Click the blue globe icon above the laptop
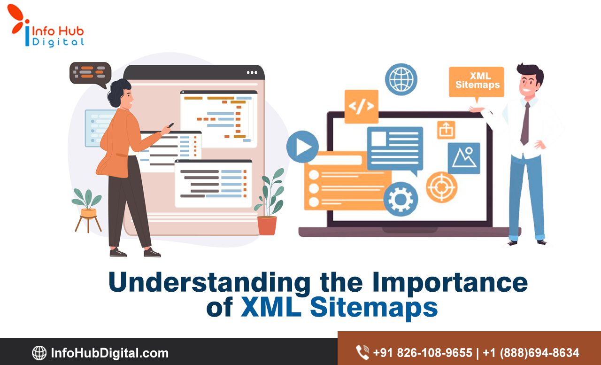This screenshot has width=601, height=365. (401, 79)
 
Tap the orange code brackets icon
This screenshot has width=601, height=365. (361, 107)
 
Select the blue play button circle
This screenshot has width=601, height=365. (302, 147)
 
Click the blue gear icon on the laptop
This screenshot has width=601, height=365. (401, 199)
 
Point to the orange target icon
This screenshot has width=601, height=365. (441, 187)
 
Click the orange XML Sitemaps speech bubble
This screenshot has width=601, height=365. (476, 82)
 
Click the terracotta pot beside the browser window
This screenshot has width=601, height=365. (267, 225)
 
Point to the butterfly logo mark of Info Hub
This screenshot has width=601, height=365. (18, 19)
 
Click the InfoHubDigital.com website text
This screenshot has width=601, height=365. (109, 353)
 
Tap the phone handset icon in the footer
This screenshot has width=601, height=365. (362, 352)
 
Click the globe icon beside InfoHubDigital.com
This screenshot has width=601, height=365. (39, 353)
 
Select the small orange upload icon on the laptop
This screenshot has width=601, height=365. (446, 130)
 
